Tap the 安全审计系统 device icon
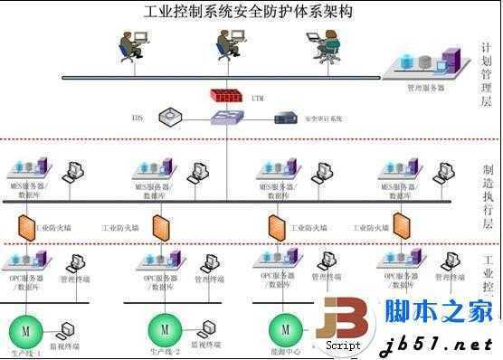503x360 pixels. (x=286, y=118)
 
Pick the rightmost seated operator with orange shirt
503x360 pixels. (x=326, y=45)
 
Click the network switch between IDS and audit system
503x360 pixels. (x=223, y=118)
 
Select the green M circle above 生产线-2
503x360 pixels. (x=164, y=327)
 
